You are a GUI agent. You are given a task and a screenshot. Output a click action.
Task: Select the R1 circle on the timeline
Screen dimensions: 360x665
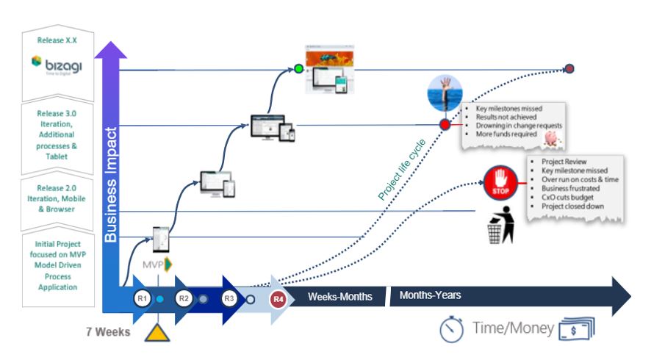click(142, 299)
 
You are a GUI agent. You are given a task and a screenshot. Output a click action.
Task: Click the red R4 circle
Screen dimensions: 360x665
click(278, 299)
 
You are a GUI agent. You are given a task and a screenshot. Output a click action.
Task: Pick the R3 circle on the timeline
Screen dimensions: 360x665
click(229, 299)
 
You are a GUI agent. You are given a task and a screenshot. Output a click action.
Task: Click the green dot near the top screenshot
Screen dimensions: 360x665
click(298, 69)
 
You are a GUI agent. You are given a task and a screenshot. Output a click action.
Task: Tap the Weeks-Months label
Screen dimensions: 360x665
click(339, 297)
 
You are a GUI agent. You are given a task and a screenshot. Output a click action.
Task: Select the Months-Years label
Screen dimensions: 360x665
click(430, 295)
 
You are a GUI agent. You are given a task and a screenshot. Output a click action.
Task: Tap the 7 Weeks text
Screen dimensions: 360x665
click(107, 332)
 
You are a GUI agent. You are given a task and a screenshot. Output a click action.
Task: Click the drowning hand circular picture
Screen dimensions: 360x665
click(445, 93)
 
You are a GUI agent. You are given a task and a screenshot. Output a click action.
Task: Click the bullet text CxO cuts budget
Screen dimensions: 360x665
click(567, 198)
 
